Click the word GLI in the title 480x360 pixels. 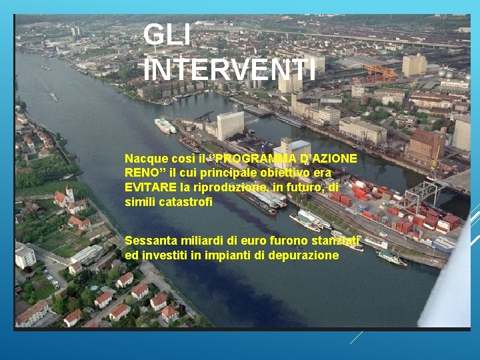coord(167,35)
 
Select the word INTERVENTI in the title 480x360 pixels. coord(230,69)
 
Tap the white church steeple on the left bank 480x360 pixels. coord(69,193)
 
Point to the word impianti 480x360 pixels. coord(230,255)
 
